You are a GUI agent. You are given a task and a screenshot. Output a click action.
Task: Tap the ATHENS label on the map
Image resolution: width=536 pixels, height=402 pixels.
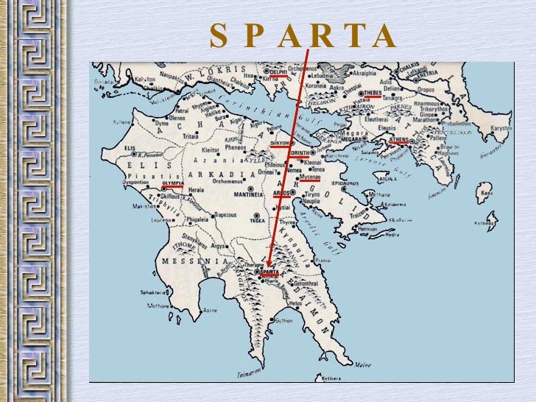point(400,138)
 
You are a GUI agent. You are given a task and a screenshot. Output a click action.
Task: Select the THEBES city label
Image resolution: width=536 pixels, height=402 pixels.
point(372,94)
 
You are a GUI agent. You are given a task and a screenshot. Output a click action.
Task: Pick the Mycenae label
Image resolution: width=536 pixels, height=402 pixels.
point(310,177)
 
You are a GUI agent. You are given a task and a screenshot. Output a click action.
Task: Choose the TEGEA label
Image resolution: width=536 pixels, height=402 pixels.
point(258,220)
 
